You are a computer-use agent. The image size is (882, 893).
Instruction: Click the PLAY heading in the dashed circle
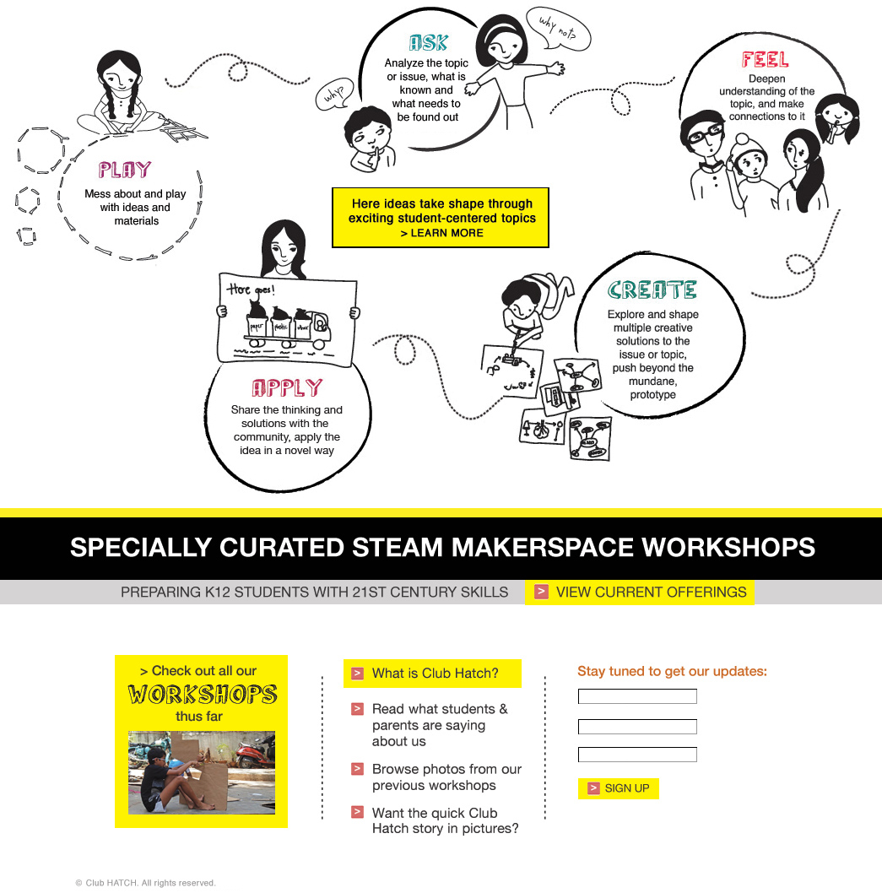(x=125, y=170)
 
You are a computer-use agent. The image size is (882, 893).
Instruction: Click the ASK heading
(x=428, y=43)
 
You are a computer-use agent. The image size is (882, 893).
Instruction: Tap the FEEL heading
(x=765, y=60)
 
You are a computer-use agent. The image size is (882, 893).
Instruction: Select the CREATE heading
(x=652, y=290)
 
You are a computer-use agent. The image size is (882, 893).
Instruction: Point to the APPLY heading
(x=287, y=388)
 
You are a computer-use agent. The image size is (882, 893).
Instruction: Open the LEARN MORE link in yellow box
(x=441, y=233)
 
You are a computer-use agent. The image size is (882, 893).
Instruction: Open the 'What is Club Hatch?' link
(x=434, y=674)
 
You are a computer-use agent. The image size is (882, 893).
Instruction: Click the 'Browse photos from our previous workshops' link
(x=446, y=777)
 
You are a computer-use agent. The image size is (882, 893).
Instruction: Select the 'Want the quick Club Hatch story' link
(x=445, y=820)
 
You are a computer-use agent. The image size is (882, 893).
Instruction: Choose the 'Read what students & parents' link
(x=440, y=725)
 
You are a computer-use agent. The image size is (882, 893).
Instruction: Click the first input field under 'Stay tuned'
(x=637, y=696)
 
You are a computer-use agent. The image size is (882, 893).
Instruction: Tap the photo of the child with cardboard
(x=202, y=772)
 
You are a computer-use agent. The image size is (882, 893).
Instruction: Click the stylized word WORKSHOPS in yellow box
(x=203, y=695)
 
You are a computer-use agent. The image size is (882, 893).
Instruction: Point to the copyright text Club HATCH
(x=145, y=883)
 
